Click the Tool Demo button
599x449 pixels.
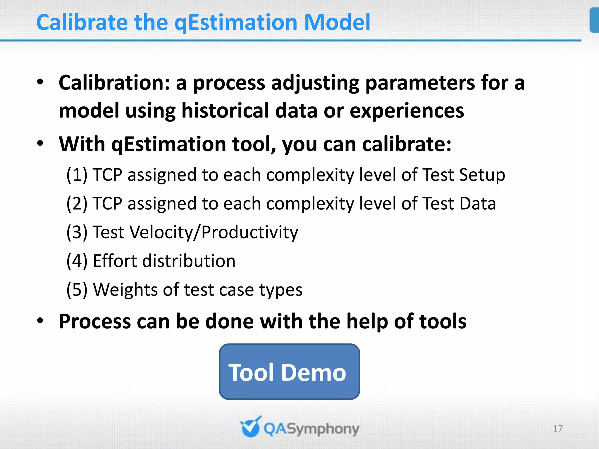click(x=289, y=372)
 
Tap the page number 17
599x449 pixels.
click(x=557, y=429)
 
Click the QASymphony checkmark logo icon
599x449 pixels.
click(x=250, y=427)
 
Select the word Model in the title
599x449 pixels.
click(x=337, y=23)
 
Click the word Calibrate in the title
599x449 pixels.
click(x=82, y=23)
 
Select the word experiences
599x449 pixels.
click(x=407, y=111)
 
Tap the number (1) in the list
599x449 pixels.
click(x=77, y=175)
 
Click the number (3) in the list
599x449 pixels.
click(x=77, y=232)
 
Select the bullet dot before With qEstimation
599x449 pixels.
click(x=40, y=144)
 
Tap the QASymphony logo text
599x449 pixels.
click(x=311, y=429)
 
